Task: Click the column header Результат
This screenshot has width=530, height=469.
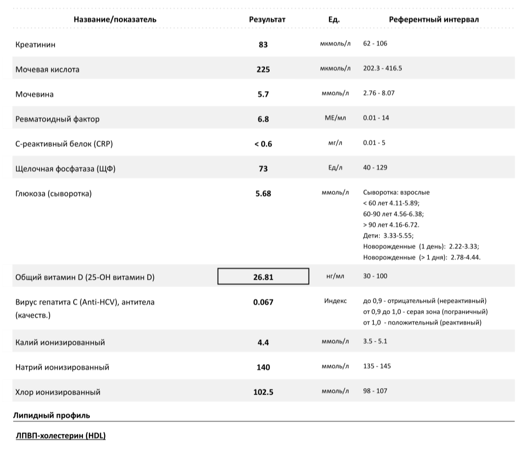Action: coord(267,20)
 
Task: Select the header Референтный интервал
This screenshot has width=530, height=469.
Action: coord(434,20)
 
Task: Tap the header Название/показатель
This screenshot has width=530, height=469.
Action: coord(115,20)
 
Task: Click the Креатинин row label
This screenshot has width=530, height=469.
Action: coord(35,45)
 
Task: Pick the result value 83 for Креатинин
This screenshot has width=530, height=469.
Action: coord(263,45)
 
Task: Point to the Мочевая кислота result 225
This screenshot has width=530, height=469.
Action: coord(263,70)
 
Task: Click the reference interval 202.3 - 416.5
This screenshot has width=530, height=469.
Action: coord(383,68)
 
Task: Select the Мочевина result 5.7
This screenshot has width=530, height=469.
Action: coord(263,94)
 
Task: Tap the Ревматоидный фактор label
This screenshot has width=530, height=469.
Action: coord(57,119)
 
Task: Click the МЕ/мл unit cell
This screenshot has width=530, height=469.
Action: coord(335,118)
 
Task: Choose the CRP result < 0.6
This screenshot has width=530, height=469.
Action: coord(263,144)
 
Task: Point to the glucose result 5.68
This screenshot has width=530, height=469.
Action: coord(263,193)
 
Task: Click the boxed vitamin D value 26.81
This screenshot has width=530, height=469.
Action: coord(263,277)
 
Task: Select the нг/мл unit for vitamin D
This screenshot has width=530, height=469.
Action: coord(335,276)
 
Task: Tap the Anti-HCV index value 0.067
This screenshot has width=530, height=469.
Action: coord(263,302)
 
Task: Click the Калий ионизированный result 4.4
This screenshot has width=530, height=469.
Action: coord(263,342)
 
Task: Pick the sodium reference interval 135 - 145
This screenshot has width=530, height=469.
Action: coord(377,366)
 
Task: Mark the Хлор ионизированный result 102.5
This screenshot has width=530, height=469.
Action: coord(263,392)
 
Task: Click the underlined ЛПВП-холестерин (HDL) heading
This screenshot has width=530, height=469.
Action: coord(61,436)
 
